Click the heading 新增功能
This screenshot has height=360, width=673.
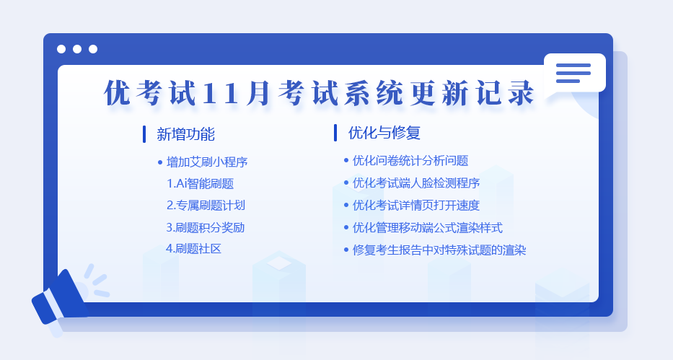click(185, 134)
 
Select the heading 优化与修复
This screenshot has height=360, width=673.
click(384, 133)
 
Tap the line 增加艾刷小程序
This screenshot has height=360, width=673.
click(207, 162)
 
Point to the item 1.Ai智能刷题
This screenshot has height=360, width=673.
click(200, 184)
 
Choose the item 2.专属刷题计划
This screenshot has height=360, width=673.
click(206, 205)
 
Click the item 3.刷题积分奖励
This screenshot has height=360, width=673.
click(205, 227)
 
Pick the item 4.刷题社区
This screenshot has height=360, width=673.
click(193, 249)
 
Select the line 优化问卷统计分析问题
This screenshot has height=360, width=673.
click(410, 160)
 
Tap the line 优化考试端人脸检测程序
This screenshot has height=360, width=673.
click(416, 183)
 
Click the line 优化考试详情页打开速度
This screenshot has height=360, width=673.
click(416, 205)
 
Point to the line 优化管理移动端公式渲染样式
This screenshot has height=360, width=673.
click(428, 227)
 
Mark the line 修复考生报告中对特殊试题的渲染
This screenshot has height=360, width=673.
click(439, 250)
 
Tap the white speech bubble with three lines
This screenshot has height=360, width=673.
click(575, 73)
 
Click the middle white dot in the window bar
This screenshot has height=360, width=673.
click(77, 49)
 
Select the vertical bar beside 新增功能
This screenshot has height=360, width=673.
click(144, 134)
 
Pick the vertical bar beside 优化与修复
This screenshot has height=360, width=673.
click(335, 133)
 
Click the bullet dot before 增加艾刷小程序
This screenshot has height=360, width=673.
click(160, 162)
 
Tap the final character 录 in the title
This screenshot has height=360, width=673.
click(522, 92)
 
